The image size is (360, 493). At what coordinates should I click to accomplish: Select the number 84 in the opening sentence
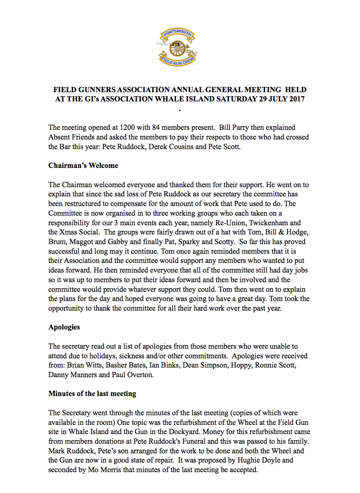click(x=153, y=127)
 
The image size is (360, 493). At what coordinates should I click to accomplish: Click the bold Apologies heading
click(x=64, y=327)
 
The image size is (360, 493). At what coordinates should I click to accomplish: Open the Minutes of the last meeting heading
click(x=92, y=394)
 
